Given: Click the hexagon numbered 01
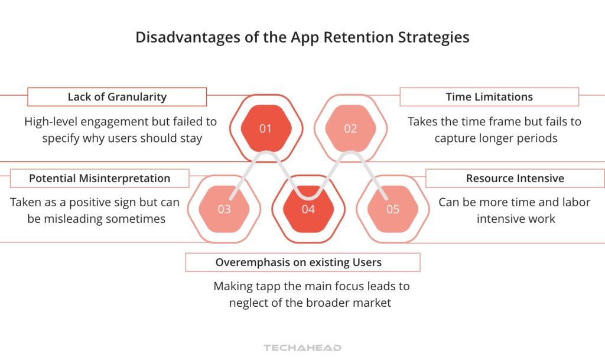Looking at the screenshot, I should point(265,128).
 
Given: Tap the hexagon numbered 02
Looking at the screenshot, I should point(350,128).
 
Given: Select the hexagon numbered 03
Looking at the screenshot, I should point(224,209).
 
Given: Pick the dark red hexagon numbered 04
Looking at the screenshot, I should point(308,209).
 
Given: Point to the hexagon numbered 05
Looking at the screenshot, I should point(393,209).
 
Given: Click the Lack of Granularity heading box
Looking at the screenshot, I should point(117,97).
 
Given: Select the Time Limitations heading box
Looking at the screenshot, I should point(489,97).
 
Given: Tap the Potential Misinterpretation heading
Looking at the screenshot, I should point(99,178).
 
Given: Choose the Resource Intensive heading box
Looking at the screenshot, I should point(515,178).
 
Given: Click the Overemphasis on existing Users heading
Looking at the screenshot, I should point(302,262).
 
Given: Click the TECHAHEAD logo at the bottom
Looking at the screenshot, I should point(302,348).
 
